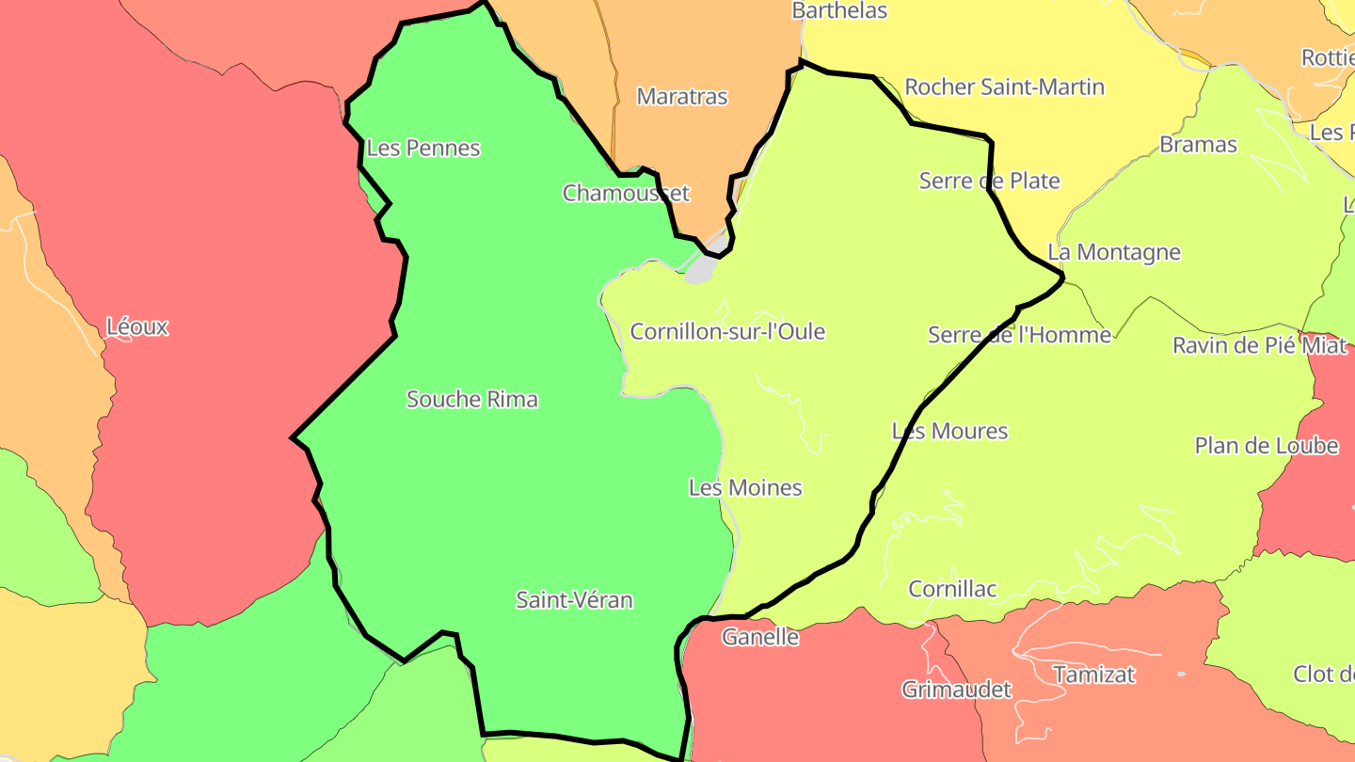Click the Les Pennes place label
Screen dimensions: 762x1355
coord(423,148)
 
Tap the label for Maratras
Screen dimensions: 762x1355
coord(682,96)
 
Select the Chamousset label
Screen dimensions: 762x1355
coord(626,193)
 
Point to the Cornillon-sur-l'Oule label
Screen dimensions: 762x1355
coord(727,331)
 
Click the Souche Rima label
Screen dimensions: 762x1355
coord(472,399)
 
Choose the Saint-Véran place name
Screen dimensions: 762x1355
coord(574,599)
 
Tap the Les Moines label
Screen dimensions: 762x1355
coord(745,487)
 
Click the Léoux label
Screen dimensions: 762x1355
coord(137,327)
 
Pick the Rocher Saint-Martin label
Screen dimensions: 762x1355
coord(1004,87)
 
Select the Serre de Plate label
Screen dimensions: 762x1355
coord(990,181)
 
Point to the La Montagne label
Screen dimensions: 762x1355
coord(1114,252)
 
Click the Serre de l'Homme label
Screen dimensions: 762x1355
coord(1019,334)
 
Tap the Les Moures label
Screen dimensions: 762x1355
coord(949,431)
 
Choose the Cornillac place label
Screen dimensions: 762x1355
coord(952,589)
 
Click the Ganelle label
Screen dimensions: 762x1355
coord(760,637)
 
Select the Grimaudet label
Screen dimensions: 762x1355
coord(956,690)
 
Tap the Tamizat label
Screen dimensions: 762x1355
coord(1094,675)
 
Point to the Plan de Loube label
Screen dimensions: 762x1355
coord(1267,445)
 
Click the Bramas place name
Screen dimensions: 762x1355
coord(1198,144)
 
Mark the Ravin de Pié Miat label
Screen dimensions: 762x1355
coord(1260,345)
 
